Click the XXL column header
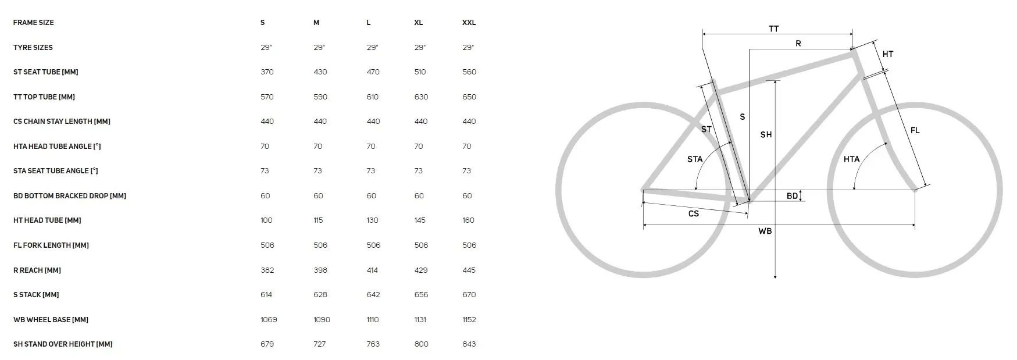469,23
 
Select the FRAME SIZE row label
34,23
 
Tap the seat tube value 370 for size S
267,72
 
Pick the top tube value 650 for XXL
469,97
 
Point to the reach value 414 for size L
373,270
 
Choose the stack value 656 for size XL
421,295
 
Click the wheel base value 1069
269,320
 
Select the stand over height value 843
469,344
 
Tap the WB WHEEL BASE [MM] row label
51,320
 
